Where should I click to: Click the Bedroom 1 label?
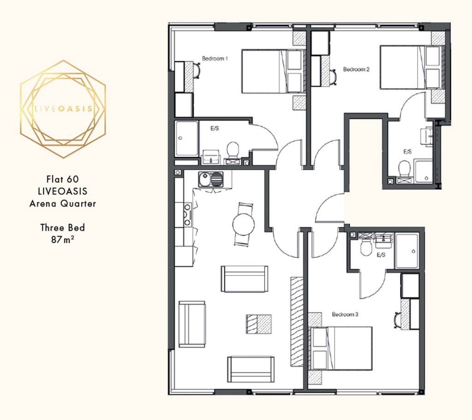pos(215,59)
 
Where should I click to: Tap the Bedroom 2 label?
pos(356,69)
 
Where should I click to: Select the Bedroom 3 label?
pos(345,314)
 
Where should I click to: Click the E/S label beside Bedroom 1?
pos(215,128)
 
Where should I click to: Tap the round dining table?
pos(243,225)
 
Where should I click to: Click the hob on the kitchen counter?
pos(188,214)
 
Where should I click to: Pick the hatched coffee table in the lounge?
pos(259,324)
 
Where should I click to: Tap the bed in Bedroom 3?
pos(341,348)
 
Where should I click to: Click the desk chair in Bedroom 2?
pos(333,77)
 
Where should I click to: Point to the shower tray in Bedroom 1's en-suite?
pos(187,138)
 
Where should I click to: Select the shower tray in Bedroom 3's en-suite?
pos(407,251)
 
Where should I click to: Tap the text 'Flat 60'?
pos(63,179)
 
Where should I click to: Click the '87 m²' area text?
pos(63,239)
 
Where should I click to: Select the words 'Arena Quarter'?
pos(63,203)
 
